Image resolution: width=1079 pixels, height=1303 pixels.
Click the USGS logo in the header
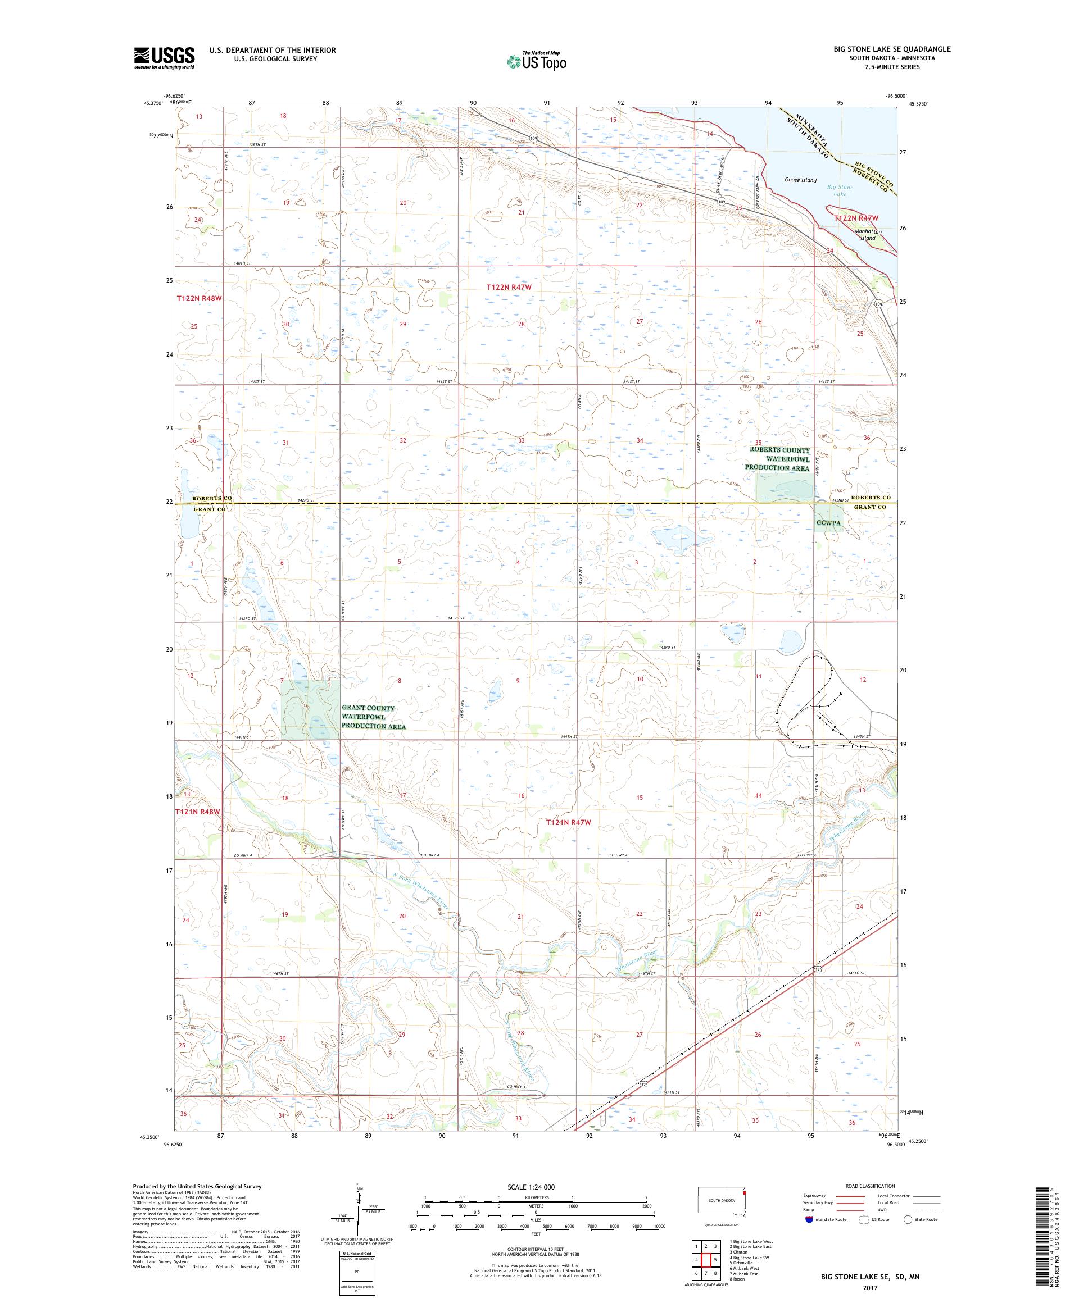pos(164,58)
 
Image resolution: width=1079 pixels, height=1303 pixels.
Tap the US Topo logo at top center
pos(537,61)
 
